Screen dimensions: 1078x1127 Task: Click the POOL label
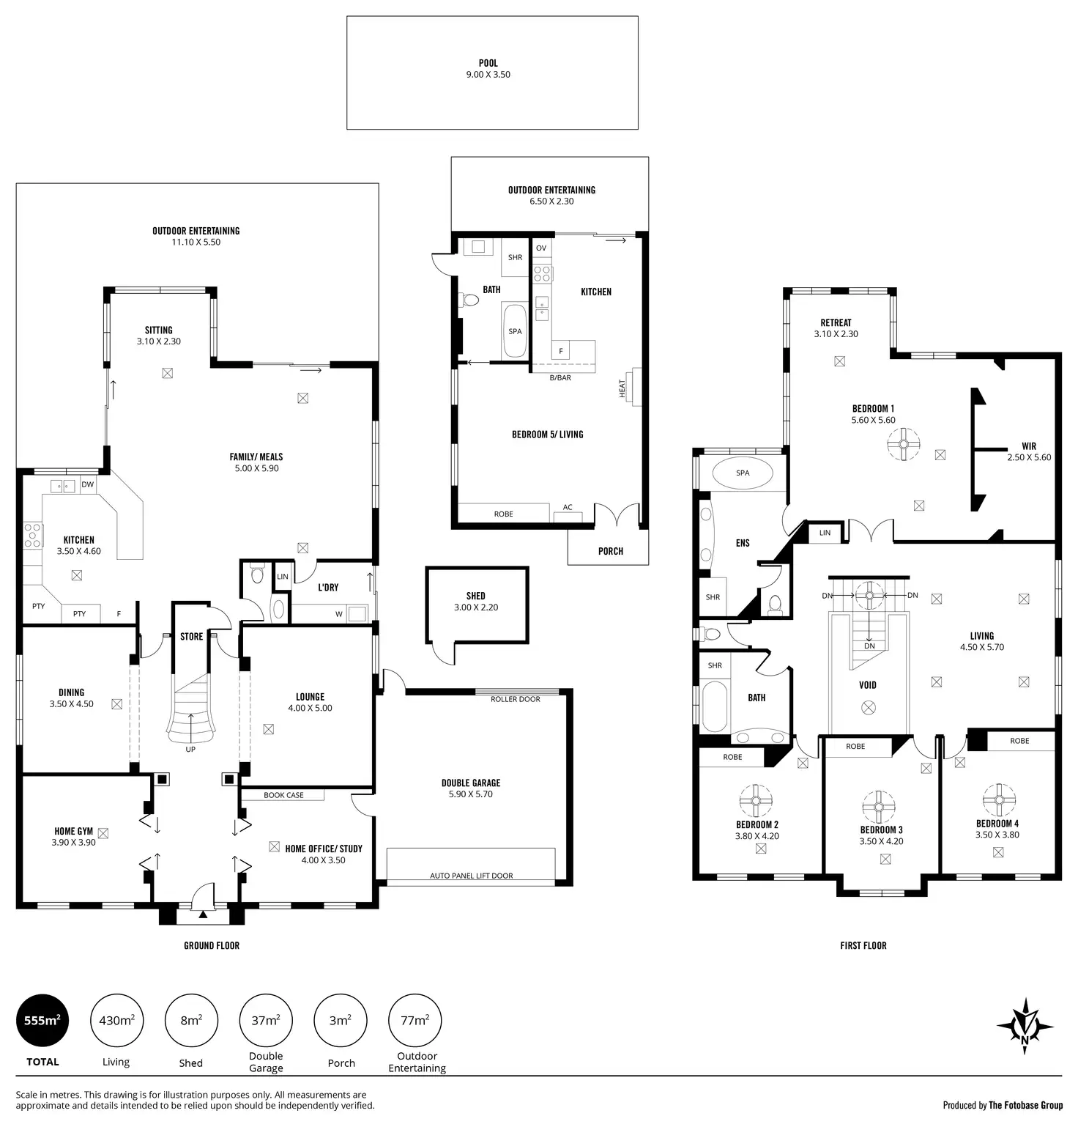[x=488, y=64]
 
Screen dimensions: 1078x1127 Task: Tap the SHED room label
[x=475, y=596]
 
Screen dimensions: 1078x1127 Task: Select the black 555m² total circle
[x=42, y=1020]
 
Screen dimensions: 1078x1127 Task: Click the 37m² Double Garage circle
[x=266, y=1020]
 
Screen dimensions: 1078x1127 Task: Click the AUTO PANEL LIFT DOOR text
[x=471, y=876]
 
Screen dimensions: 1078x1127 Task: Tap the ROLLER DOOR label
[x=515, y=699]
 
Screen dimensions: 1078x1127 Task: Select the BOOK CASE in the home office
[x=283, y=795]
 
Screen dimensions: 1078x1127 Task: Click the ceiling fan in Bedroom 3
[x=878, y=807]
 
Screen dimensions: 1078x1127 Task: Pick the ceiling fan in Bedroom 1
[x=904, y=444]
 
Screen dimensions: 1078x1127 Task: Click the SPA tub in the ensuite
[x=742, y=473]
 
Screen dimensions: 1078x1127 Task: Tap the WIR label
[x=1029, y=446]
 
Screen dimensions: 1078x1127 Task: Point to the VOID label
[x=868, y=685]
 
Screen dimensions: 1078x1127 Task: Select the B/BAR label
[x=560, y=378]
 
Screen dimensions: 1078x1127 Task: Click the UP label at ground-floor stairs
[x=190, y=750]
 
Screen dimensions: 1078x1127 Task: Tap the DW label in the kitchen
[x=88, y=484]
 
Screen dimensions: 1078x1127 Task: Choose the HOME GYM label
[x=73, y=831]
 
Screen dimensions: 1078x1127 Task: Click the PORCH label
[x=611, y=551]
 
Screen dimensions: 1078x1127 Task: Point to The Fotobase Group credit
[x=1025, y=1106]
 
